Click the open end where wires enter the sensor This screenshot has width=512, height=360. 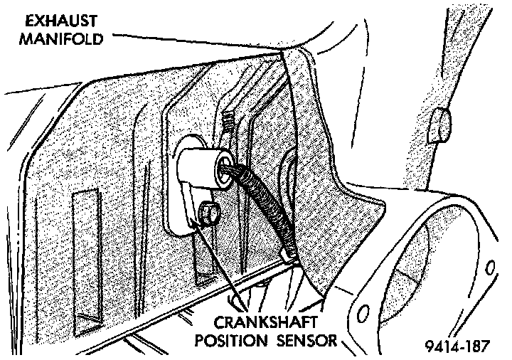point(226,166)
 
